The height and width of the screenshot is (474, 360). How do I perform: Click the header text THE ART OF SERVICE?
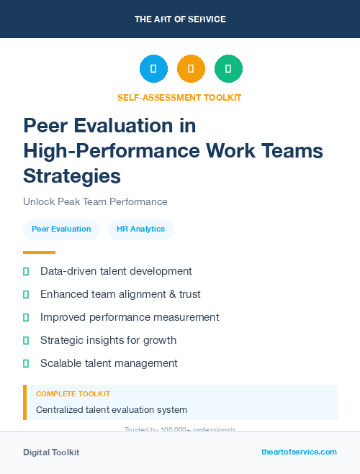point(180,19)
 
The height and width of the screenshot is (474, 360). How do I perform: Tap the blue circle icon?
point(153,69)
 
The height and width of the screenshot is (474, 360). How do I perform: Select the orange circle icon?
point(191,69)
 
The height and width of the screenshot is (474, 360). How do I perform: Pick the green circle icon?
point(228,69)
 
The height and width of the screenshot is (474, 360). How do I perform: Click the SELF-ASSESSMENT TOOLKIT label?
point(180,97)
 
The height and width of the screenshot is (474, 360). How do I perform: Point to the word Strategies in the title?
point(72,175)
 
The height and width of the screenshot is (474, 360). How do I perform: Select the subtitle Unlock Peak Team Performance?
point(95,201)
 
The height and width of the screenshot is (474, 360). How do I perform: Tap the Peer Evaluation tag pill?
point(61,229)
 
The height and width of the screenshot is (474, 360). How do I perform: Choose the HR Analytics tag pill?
point(140,229)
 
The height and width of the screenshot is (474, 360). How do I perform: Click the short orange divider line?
point(39,252)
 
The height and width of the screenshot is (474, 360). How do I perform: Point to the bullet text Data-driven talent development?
point(116,271)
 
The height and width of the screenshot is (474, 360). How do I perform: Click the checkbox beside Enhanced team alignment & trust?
point(26,294)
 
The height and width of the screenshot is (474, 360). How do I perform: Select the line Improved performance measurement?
point(130,316)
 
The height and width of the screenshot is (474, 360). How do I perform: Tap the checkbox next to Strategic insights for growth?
point(26,340)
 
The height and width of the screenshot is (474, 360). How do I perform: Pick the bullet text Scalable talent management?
point(109,363)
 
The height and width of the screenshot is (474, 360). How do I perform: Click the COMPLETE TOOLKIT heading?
point(73,394)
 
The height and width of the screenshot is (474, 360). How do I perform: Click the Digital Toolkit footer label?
point(51,452)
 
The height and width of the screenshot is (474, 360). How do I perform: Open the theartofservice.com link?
point(299,452)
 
